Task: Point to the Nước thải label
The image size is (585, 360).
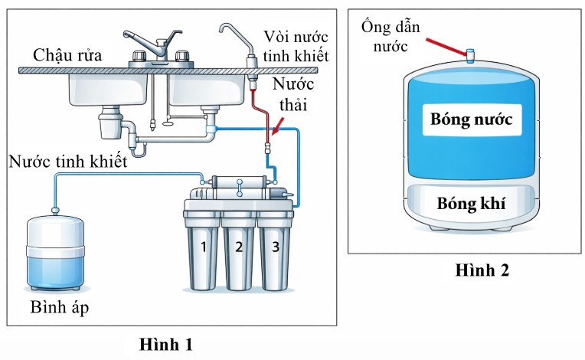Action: coord(295,94)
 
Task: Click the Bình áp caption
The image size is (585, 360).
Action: coord(55,308)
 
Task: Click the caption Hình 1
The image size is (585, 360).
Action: coord(166,344)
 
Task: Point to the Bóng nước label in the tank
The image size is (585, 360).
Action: coord(471,119)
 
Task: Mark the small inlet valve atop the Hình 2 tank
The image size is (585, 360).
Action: coord(471,54)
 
